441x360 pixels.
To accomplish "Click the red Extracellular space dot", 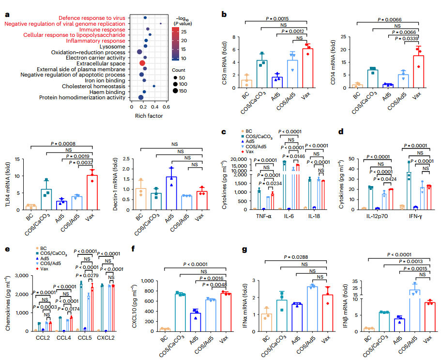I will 142,63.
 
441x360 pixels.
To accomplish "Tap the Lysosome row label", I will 113,47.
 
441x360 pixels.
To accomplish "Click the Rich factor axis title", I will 148,116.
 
